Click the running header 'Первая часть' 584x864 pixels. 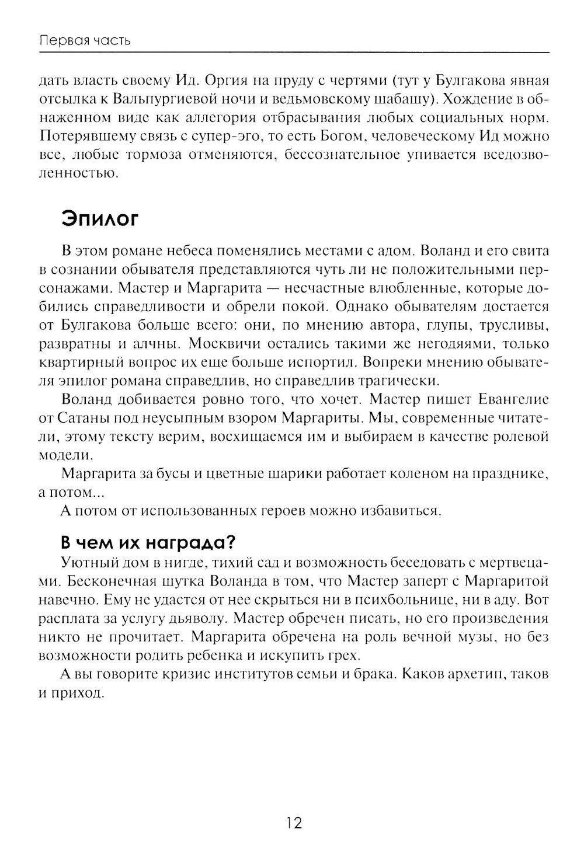click(x=85, y=41)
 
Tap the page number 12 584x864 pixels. click(x=294, y=823)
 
